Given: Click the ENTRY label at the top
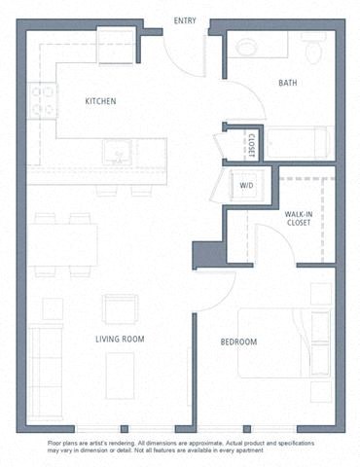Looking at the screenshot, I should (184, 20).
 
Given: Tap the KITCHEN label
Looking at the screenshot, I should (100, 100).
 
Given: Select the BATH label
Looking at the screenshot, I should (288, 83).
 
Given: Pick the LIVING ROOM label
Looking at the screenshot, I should (120, 339).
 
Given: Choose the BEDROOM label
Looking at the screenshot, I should (238, 341).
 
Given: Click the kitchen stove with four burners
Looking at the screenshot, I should (42, 101).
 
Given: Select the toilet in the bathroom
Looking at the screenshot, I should (313, 48).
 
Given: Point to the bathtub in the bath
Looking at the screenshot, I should (299, 143).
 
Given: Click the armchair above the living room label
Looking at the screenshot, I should (120, 308).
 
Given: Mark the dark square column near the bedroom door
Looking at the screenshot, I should (207, 255).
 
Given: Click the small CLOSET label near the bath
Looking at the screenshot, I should (251, 144).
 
